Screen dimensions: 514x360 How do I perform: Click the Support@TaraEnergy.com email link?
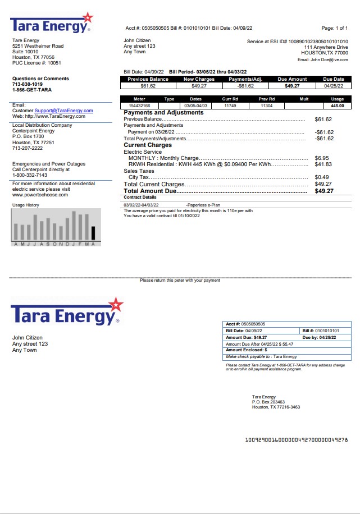pos(63,111)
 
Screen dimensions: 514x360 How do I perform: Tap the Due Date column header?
pos(334,79)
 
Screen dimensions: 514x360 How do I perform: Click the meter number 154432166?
pos(139,105)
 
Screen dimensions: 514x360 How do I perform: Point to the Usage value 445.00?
pos(337,105)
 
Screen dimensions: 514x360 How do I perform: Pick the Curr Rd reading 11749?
pos(230,105)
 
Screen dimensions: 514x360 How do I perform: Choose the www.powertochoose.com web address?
pos(40,195)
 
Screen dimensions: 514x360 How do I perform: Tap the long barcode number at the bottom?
pos(297,439)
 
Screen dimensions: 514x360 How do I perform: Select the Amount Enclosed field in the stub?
pos(247,350)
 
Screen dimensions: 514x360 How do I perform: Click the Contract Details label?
pos(140,198)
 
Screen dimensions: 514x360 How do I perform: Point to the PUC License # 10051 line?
pos(37,63)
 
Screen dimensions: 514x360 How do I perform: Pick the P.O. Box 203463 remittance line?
pos(268,402)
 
